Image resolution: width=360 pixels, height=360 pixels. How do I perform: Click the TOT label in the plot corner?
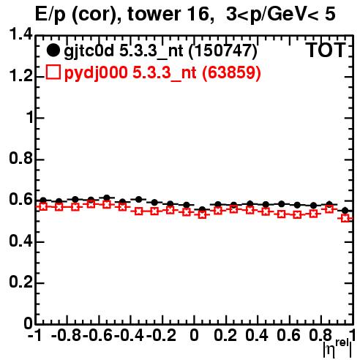(x=326, y=50)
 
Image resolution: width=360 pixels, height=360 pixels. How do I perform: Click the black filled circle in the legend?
(x=53, y=50)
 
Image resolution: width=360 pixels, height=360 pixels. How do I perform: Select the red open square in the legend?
(x=53, y=72)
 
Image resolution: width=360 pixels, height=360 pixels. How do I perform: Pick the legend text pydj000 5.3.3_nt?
(x=130, y=73)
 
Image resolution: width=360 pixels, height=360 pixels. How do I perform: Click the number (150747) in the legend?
(x=223, y=51)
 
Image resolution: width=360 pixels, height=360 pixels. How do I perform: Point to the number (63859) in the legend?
(x=231, y=72)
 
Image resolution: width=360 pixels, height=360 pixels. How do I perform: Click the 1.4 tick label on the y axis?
(x=21, y=35)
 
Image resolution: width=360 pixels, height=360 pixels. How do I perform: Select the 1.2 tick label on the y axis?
(x=21, y=76)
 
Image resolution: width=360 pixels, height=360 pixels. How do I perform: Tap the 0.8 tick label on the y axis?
(x=21, y=159)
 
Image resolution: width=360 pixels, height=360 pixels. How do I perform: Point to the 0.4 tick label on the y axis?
(x=21, y=241)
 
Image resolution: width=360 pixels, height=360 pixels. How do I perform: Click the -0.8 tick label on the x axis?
(x=67, y=335)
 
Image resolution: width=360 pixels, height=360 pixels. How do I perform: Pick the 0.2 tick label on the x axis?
(x=225, y=335)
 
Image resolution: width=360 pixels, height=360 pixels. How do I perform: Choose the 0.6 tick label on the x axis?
(x=289, y=335)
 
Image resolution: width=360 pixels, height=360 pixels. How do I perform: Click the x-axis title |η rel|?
(x=338, y=349)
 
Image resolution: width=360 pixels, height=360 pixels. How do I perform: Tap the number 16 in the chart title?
(x=200, y=14)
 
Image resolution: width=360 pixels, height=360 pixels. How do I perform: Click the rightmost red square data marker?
(x=345, y=218)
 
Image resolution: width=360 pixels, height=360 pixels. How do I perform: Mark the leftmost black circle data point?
(x=43, y=200)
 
